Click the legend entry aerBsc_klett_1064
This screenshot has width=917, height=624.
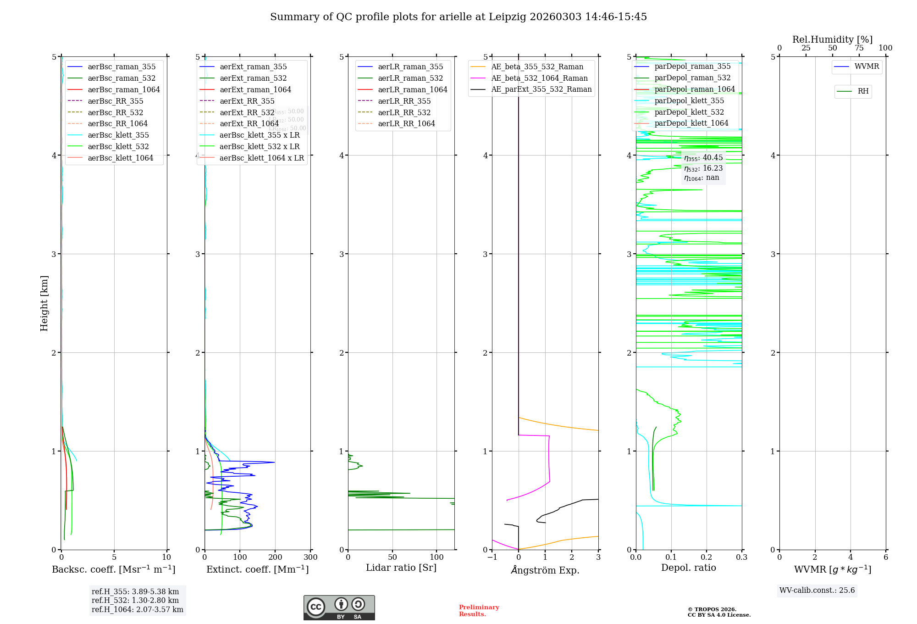click(120, 158)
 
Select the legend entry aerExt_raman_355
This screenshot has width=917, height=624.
click(253, 67)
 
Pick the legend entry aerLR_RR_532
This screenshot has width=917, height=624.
click(404, 112)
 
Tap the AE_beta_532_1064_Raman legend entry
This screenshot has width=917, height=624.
click(539, 78)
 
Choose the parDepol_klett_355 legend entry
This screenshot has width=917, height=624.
click(689, 100)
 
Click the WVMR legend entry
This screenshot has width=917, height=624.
click(867, 67)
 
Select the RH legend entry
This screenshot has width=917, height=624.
click(863, 91)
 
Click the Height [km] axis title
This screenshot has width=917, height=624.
click(44, 303)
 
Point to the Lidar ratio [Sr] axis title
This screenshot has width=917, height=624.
click(401, 568)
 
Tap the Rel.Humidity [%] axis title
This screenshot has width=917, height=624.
click(832, 39)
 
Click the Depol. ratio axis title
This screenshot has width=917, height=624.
click(688, 568)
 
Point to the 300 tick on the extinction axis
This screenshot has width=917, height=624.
click(310, 557)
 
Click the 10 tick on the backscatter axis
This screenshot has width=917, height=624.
click(166, 557)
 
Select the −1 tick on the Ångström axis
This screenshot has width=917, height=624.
click(492, 557)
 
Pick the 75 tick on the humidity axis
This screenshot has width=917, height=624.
click(859, 48)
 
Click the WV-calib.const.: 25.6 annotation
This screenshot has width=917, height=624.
click(817, 591)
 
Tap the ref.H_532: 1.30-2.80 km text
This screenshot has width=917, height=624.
click(135, 601)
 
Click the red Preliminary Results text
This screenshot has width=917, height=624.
click(479, 611)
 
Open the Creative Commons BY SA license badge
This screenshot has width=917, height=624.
click(339, 608)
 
